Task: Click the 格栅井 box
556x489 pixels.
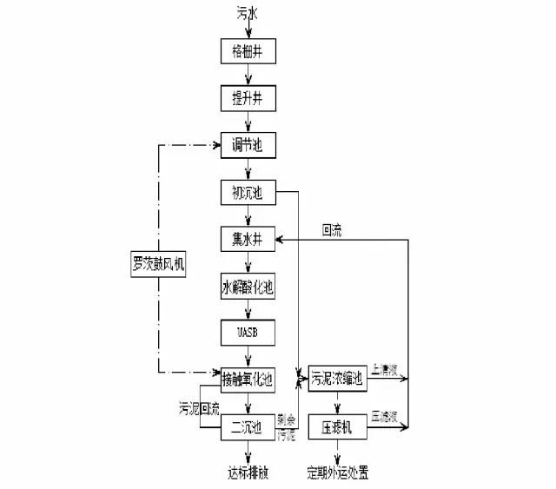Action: pos(248,51)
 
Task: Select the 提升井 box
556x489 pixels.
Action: pos(248,98)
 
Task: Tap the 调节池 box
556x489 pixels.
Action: pos(248,145)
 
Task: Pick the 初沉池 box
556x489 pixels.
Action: pos(248,192)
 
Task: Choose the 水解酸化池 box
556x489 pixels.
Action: pos(248,286)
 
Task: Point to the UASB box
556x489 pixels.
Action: pos(248,333)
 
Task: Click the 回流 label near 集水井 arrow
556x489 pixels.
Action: pos(331,231)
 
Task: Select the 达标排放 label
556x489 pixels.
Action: pos(248,473)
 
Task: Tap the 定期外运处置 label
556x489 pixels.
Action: pos(338,473)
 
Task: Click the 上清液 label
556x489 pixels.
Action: pos(384,369)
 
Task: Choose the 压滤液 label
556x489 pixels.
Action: pos(384,416)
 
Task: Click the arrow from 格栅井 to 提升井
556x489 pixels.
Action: pos(248,75)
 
